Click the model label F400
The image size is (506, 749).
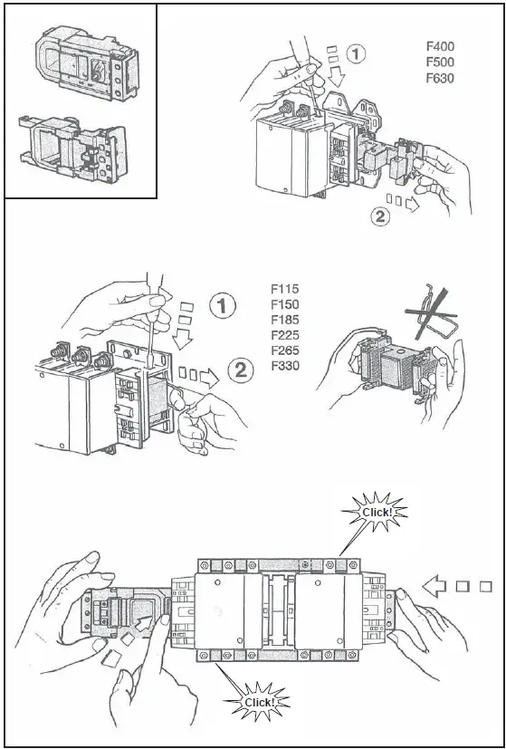440,45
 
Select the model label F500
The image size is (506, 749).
440,62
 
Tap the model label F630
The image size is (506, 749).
440,78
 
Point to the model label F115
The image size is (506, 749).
284,289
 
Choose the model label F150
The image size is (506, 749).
284,304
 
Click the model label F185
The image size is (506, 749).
284,320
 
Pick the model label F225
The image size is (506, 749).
284,335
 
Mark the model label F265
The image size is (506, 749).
284,350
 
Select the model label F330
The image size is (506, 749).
284,366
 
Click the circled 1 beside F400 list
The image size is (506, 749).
358,55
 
